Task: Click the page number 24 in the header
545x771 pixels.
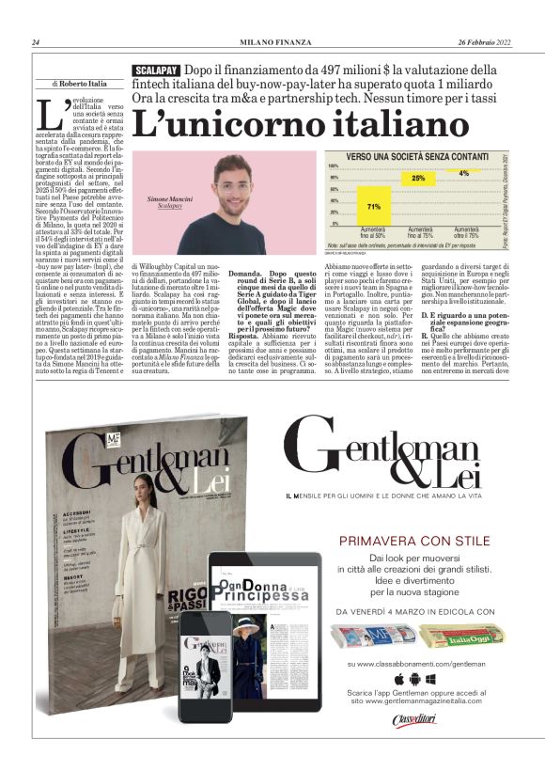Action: pos(35,42)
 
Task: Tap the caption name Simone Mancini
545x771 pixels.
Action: pos(170,200)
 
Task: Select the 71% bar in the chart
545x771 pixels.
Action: pos(373,206)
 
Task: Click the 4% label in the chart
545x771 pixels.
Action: pos(463,174)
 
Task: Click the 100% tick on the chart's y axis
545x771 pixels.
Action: pos(333,166)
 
